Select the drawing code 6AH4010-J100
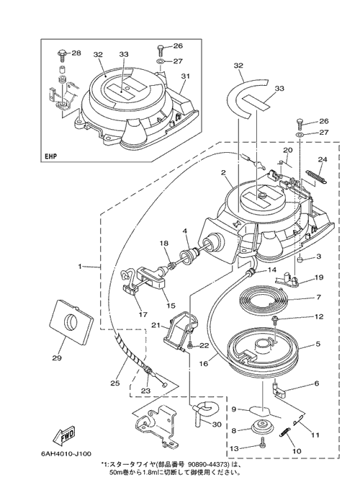pyautogui.click(x=66, y=453)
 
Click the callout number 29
pyautogui.click(x=58, y=357)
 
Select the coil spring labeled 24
pyautogui.click(x=317, y=177)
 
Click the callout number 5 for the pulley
pyautogui.click(x=318, y=344)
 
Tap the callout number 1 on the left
pyautogui.click(x=80, y=266)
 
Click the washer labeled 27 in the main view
pyautogui.click(x=300, y=135)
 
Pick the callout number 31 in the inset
pyautogui.click(x=185, y=76)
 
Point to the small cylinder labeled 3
pyautogui.click(x=301, y=260)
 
